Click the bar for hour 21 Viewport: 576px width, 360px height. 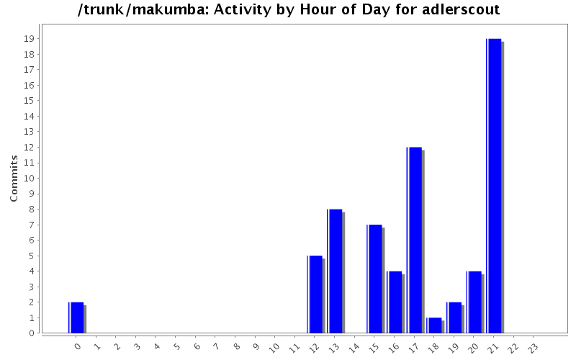pyautogui.click(x=494, y=186)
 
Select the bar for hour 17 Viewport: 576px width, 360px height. pyautogui.click(x=414, y=240)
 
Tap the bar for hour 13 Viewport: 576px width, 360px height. pyautogui.click(x=335, y=271)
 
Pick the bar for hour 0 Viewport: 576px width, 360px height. pyautogui.click(x=76, y=318)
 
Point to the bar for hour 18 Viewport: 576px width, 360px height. pyautogui.click(x=434, y=325)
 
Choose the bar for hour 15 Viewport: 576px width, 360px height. pyautogui.click(x=374, y=279)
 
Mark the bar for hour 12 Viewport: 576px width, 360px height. pyautogui.click(x=315, y=294)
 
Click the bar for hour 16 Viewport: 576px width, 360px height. pyautogui.click(x=395, y=302)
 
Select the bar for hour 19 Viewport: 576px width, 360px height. pyautogui.click(x=454, y=318)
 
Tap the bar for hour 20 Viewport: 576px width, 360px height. pyautogui.click(x=474, y=302)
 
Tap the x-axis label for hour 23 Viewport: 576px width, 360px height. pyautogui.click(x=532, y=348)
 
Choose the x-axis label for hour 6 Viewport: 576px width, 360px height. pyautogui.click(x=196, y=347)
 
